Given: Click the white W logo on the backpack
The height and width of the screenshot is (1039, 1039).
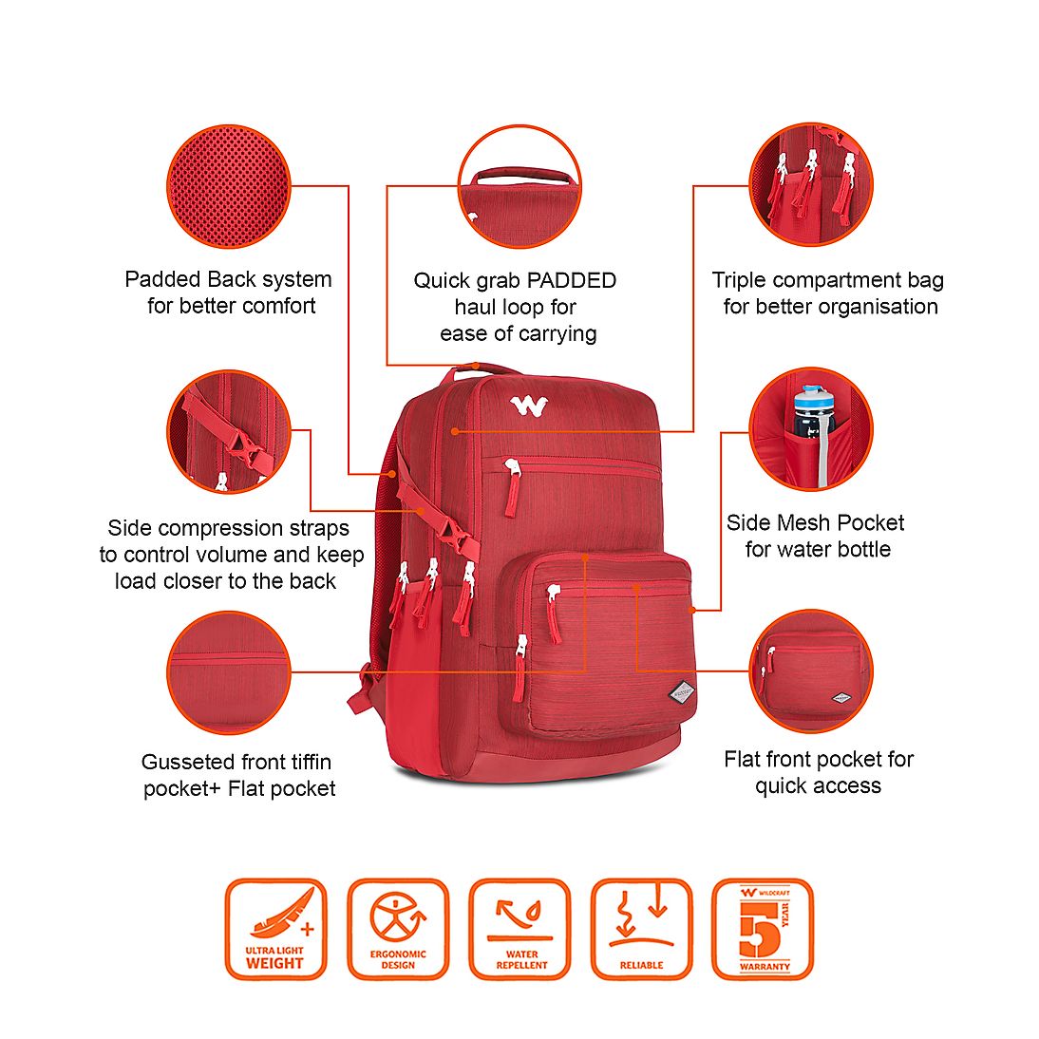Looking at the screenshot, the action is point(529,406).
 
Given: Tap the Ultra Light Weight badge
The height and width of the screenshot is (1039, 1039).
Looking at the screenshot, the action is point(275,929).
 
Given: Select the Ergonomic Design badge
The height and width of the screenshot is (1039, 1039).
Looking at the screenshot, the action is point(398,929).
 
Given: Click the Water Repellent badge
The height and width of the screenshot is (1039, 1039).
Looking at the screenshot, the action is point(520,929).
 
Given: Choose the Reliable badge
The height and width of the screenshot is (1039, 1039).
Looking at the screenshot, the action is point(641,929).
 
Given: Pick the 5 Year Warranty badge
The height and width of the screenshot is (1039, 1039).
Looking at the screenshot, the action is point(763,929).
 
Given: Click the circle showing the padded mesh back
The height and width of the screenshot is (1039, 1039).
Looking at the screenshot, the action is point(229,186).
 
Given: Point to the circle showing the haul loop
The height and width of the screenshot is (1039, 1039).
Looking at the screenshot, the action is point(519,186).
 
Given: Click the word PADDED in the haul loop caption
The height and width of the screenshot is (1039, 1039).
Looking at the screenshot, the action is point(571,280).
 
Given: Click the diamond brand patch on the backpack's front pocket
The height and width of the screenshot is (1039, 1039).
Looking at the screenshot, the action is point(682,694).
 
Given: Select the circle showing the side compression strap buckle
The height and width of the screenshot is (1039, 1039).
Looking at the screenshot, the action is point(229,431).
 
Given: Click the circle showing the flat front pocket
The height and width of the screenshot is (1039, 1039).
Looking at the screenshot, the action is point(811,671).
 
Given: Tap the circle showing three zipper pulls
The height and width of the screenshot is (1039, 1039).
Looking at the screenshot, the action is point(811,185).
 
